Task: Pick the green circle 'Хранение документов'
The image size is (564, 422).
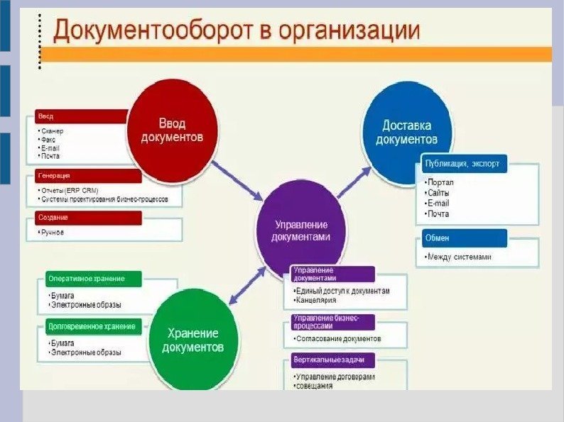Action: (x=192, y=340)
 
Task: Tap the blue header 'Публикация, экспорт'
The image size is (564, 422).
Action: (x=464, y=164)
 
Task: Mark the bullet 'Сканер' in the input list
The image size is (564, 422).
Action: (x=53, y=131)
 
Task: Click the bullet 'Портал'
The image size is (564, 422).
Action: (x=440, y=182)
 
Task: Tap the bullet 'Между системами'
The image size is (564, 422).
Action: (x=459, y=257)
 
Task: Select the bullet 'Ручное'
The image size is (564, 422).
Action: (x=53, y=232)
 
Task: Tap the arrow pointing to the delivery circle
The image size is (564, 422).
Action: (x=354, y=182)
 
